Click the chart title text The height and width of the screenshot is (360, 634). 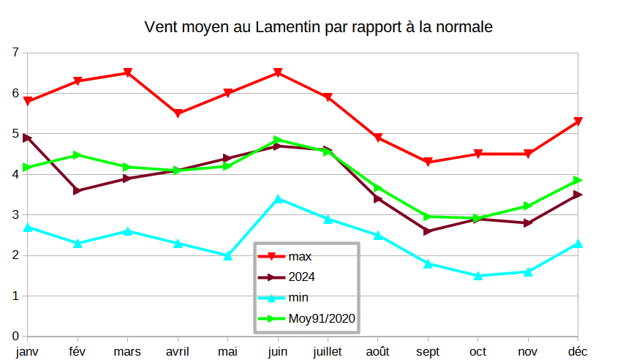(x=318, y=28)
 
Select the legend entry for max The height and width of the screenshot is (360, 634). (x=299, y=256)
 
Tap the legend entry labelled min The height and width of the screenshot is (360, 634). (x=298, y=297)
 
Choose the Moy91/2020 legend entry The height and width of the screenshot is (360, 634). (x=320, y=318)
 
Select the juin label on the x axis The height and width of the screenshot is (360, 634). (x=278, y=351)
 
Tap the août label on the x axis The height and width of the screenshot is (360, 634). (x=378, y=351)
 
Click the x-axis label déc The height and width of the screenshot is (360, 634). (x=578, y=351)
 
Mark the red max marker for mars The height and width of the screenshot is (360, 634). (x=128, y=73)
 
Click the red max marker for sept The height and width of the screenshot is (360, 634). (x=429, y=162)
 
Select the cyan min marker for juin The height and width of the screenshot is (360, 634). (x=278, y=198)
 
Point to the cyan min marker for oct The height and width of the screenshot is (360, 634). (x=478, y=276)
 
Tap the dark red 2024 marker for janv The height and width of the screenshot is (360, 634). (x=28, y=138)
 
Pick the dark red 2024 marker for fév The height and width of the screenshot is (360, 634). (x=78, y=191)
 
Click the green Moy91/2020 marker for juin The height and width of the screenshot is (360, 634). (x=278, y=140)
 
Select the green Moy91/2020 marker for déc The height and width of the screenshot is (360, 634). (x=578, y=180)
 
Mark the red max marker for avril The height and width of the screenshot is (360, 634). (x=178, y=113)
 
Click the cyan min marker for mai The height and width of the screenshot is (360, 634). (x=228, y=255)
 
